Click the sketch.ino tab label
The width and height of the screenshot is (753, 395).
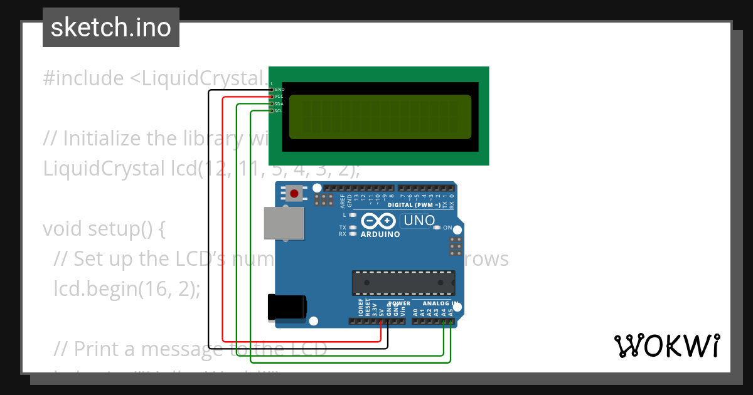tap(111, 28)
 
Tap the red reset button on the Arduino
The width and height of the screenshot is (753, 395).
tap(294, 193)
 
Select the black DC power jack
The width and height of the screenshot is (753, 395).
tap(287, 307)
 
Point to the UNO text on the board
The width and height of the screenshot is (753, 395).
tap(419, 221)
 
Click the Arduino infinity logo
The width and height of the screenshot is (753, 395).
tap(379, 221)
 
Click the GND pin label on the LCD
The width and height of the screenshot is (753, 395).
tap(279, 90)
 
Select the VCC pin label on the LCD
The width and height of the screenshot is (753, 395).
tap(279, 97)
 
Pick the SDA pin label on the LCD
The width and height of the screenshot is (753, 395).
tap(279, 103)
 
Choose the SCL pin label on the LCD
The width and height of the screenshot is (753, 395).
tap(279, 110)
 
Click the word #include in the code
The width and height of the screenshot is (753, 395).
tap(83, 78)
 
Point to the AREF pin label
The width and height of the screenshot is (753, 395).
tap(343, 200)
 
